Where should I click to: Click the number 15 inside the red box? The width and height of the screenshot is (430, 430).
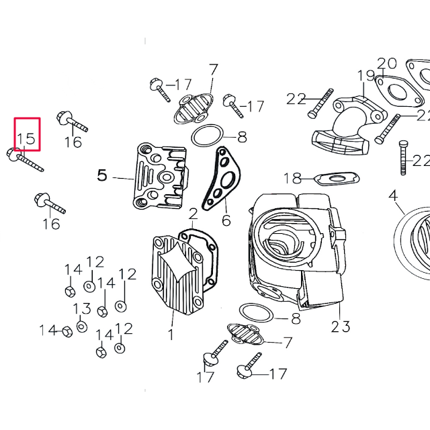pyautogui.click(x=26, y=138)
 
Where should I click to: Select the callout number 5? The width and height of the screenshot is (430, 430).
pyautogui.click(x=102, y=175)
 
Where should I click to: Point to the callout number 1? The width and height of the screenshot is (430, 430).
pyautogui.click(x=171, y=334)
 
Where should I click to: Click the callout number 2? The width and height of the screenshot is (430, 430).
pyautogui.click(x=193, y=214)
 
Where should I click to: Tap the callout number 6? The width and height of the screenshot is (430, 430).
pyautogui.click(x=226, y=220)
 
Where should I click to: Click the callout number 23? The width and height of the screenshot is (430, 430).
pyautogui.click(x=341, y=327)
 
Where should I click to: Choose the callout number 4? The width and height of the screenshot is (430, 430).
pyautogui.click(x=393, y=196)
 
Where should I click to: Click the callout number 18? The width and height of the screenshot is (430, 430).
pyautogui.click(x=292, y=178)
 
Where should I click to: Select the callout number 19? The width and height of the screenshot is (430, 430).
pyautogui.click(x=366, y=75)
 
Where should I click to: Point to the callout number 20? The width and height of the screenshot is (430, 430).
pyautogui.click(x=386, y=64)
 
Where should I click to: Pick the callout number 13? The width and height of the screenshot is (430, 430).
pyautogui.click(x=81, y=308)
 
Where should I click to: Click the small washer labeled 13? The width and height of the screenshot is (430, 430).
pyautogui.click(x=81, y=327)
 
